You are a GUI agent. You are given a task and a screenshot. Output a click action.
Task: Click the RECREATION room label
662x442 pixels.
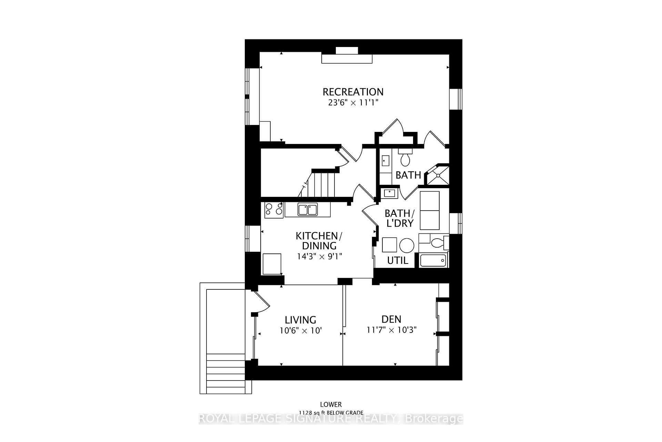click(353, 92)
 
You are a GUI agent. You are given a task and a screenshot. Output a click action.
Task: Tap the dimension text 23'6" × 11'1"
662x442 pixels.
click(353, 103)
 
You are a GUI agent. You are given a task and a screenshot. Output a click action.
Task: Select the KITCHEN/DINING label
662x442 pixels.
click(319, 241)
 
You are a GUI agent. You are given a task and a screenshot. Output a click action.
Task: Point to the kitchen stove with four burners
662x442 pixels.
click(274, 210)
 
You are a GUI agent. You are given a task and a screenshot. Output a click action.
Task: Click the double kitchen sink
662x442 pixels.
click(308, 210)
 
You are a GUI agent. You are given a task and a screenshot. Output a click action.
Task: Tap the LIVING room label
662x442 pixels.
click(300, 320)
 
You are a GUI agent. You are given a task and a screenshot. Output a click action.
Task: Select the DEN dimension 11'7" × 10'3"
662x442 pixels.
click(391, 330)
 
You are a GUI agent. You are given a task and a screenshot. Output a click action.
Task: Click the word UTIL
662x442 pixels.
click(398, 260)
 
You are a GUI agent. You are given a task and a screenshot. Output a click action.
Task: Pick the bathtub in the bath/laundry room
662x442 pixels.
click(433, 260)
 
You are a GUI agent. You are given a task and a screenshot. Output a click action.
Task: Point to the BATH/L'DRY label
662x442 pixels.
click(399, 218)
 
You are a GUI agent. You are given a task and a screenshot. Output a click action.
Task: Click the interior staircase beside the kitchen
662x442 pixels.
click(321, 185)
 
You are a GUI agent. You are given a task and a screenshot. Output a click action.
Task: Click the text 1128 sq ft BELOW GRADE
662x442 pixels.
click(331, 413)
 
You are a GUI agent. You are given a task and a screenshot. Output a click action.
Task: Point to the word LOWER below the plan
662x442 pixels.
click(331, 404)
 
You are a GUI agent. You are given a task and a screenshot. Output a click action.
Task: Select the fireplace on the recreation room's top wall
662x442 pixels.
click(347, 58)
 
